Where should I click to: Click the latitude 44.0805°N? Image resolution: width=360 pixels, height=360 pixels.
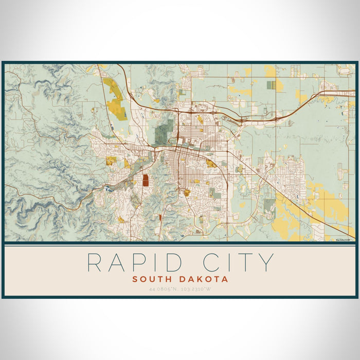click(x=159, y=289)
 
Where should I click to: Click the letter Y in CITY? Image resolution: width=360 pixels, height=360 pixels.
click(x=266, y=262)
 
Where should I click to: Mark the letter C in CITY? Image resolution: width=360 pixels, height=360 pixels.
click(x=213, y=262)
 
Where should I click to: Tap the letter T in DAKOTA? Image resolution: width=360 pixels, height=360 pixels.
click(x=215, y=279)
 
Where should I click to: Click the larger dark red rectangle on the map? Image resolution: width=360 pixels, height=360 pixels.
click(x=146, y=179)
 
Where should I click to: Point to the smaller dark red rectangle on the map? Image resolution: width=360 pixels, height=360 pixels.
click(x=160, y=218)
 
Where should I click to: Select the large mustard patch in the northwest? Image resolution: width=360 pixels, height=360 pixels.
click(x=115, y=100)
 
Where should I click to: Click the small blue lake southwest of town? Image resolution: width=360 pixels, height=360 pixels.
click(x=107, y=189)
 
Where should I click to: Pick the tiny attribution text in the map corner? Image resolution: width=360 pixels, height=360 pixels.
click(x=341, y=240)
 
